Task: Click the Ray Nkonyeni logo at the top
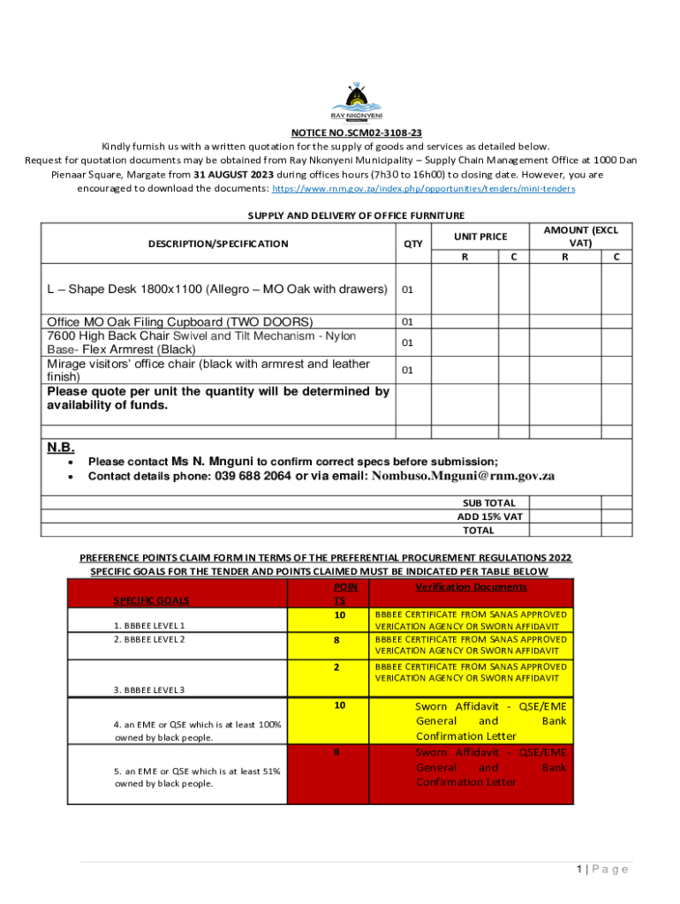[x=356, y=102]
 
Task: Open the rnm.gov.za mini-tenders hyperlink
[x=423, y=189]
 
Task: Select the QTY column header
[x=413, y=244]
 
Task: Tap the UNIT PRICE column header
[x=480, y=237]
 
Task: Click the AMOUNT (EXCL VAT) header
[x=580, y=237]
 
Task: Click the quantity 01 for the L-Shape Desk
[x=407, y=290]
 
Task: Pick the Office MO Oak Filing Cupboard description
[x=180, y=321]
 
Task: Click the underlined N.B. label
[x=61, y=447]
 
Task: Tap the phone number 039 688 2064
[x=253, y=476]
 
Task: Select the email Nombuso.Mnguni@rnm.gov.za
[x=463, y=476]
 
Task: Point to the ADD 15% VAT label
[x=490, y=516]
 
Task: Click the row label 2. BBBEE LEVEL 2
[x=150, y=639]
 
